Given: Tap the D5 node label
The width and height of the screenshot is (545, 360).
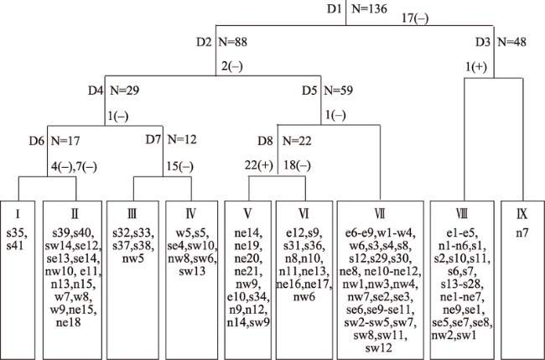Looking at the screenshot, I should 310,89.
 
